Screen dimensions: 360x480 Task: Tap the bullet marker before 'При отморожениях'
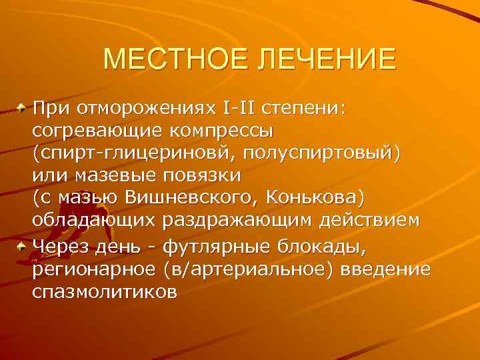[23, 107]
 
